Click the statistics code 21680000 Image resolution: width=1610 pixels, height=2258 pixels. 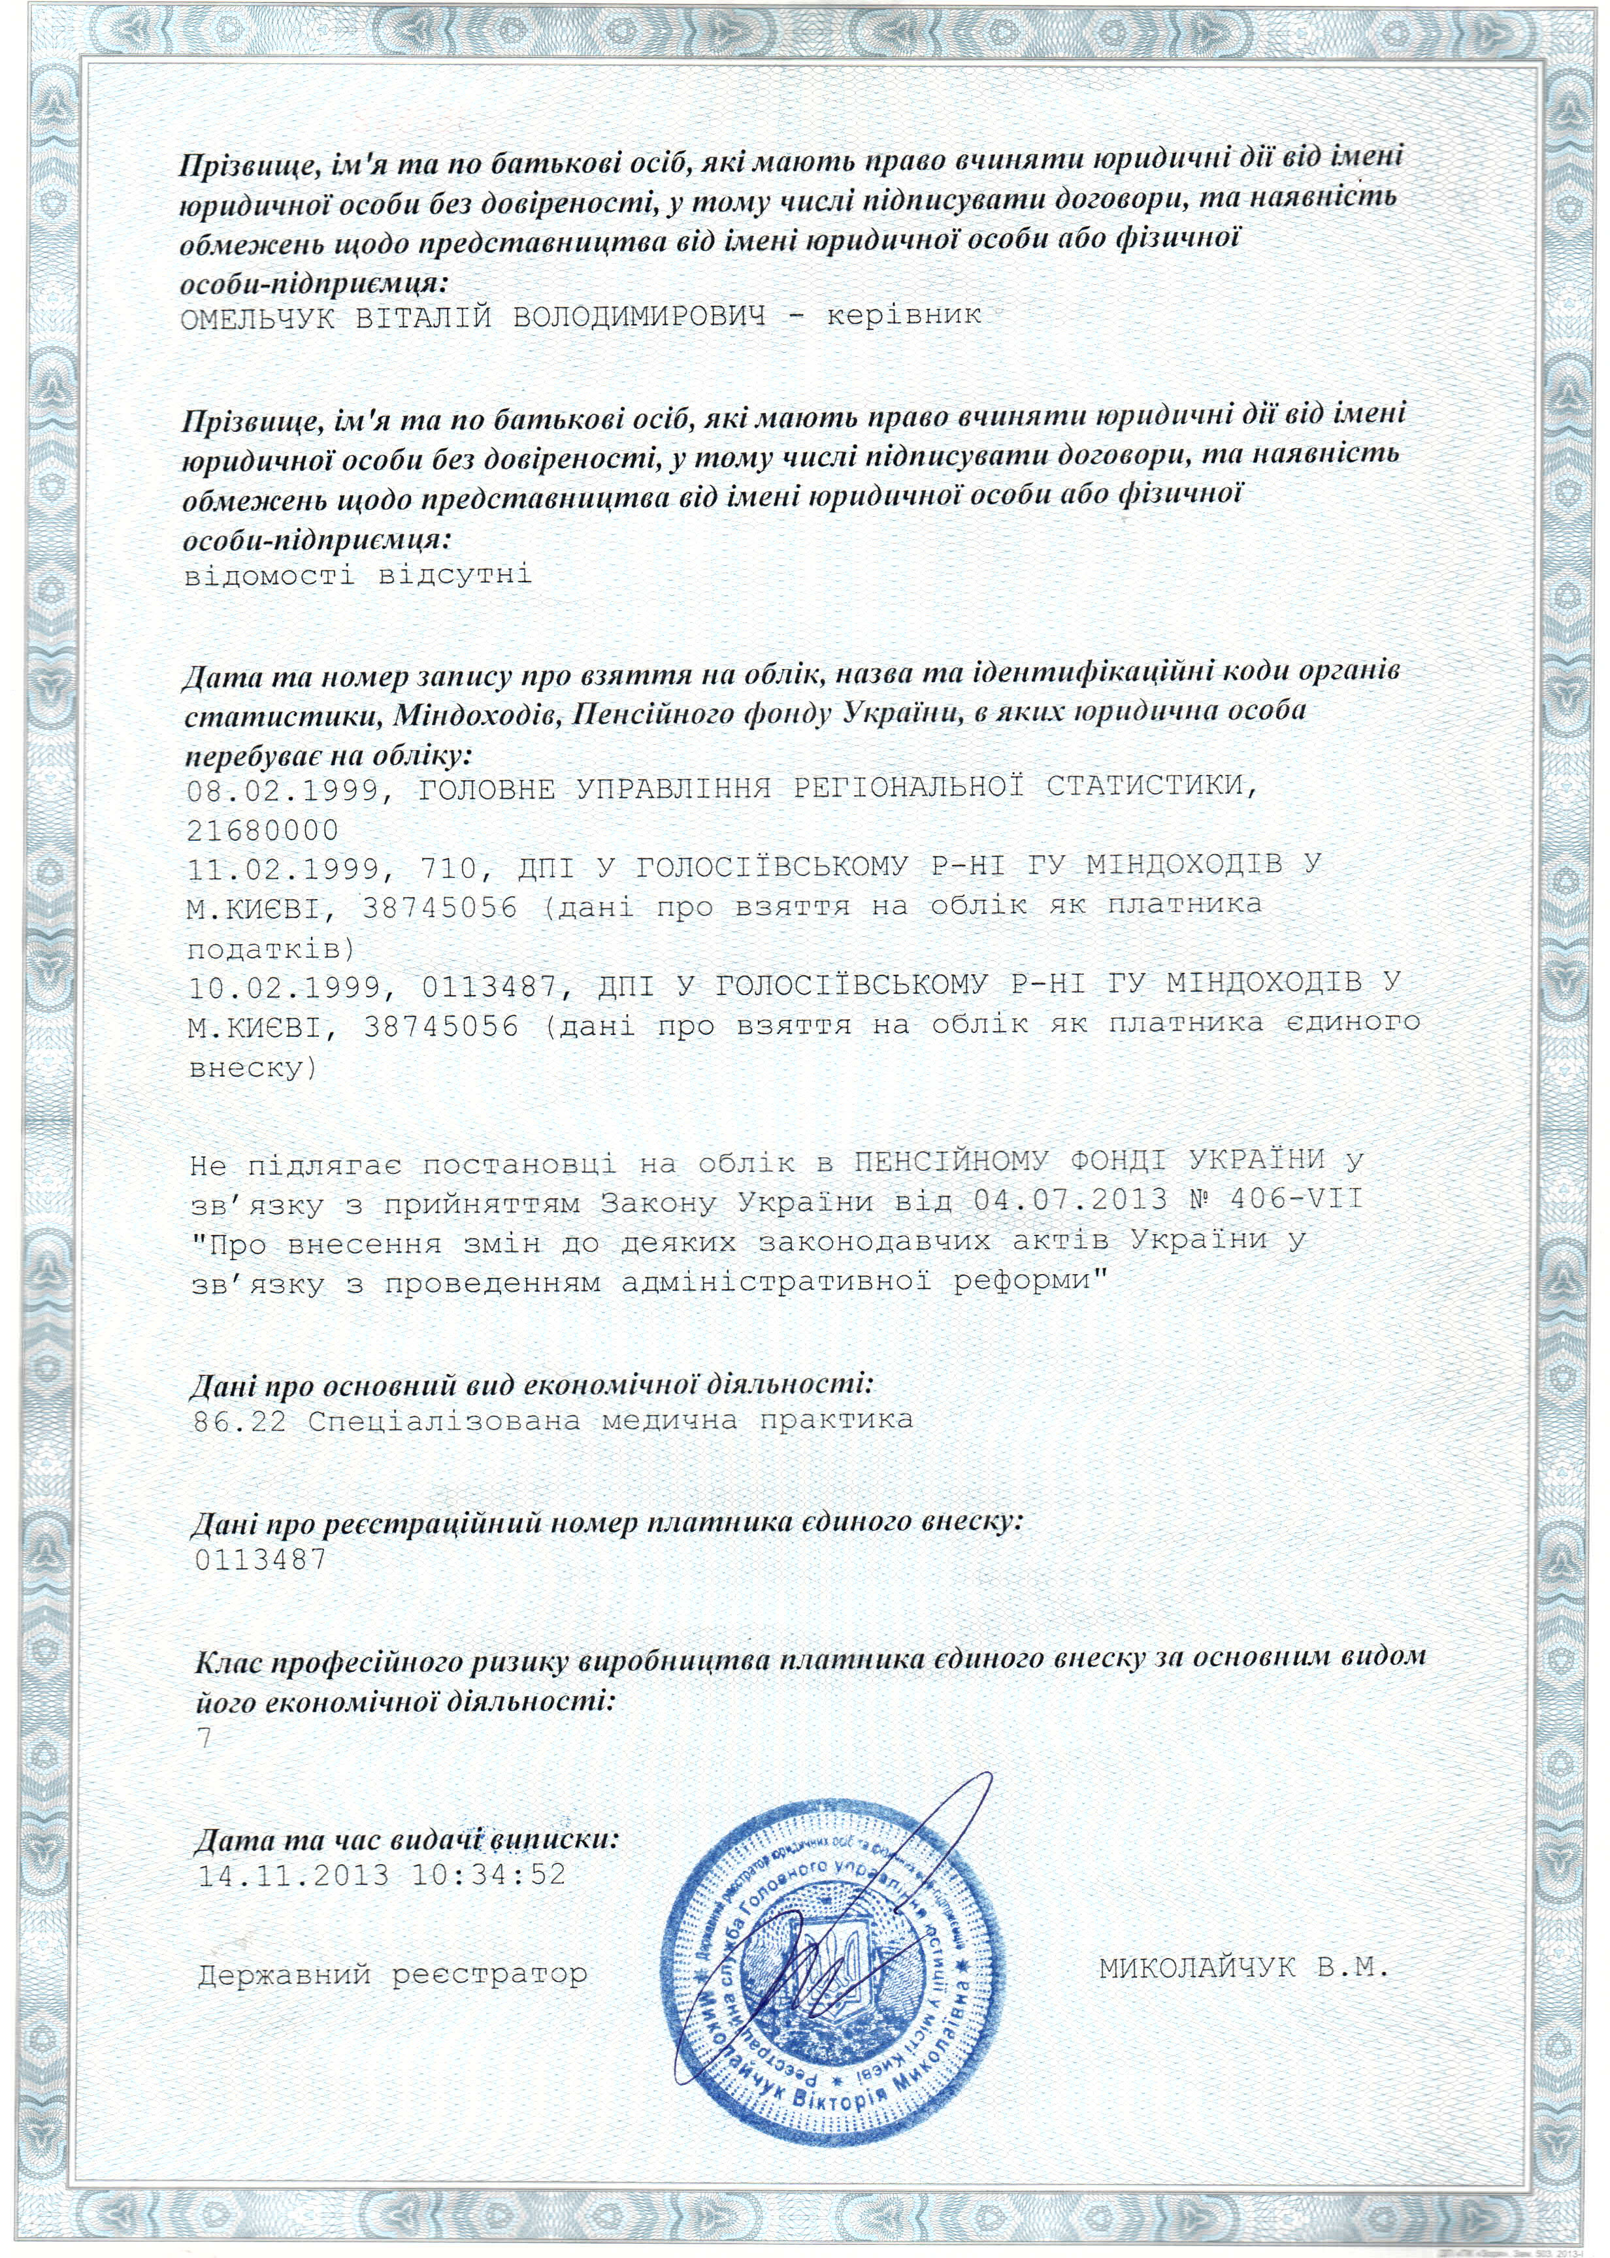pos(263,830)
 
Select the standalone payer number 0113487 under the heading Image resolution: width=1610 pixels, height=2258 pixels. pos(262,1559)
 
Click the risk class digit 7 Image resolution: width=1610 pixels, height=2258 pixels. pos(205,1738)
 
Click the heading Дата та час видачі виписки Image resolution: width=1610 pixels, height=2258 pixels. pos(406,1840)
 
